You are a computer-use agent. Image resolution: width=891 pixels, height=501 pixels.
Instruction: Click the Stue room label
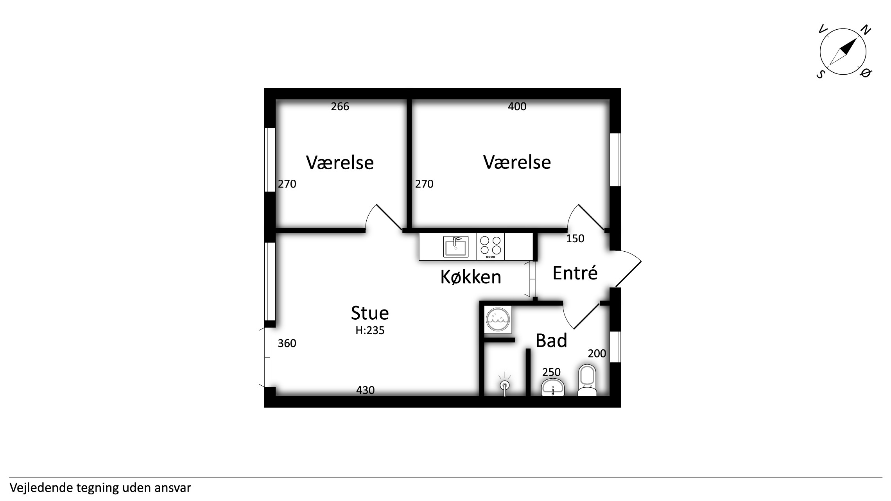[369, 313]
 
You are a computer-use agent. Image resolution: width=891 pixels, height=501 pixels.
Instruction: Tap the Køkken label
[471, 277]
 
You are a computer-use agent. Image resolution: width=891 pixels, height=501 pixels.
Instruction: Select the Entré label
[575, 273]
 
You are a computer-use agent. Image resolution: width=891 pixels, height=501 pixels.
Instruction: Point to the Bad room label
[551, 340]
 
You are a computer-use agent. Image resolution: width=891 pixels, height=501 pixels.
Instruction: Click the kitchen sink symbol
[455, 246]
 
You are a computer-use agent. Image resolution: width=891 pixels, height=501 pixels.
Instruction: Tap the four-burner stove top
[490, 247]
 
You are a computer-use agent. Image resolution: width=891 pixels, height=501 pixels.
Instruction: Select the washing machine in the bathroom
[498, 320]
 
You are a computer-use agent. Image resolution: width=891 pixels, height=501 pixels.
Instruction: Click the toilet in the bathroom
[587, 381]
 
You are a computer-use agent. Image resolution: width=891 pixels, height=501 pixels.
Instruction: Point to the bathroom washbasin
[552, 387]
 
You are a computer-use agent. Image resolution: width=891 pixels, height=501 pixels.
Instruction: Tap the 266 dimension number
[340, 106]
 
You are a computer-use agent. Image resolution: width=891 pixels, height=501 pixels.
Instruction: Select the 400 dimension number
[517, 106]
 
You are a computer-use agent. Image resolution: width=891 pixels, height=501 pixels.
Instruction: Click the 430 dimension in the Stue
[365, 390]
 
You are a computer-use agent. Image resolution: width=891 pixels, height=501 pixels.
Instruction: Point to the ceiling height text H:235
[370, 331]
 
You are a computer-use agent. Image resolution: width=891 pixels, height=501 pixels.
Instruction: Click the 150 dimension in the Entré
[575, 238]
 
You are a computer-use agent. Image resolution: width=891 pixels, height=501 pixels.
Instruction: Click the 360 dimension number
[287, 343]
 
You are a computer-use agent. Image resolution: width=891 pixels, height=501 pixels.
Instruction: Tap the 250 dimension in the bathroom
[551, 372]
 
